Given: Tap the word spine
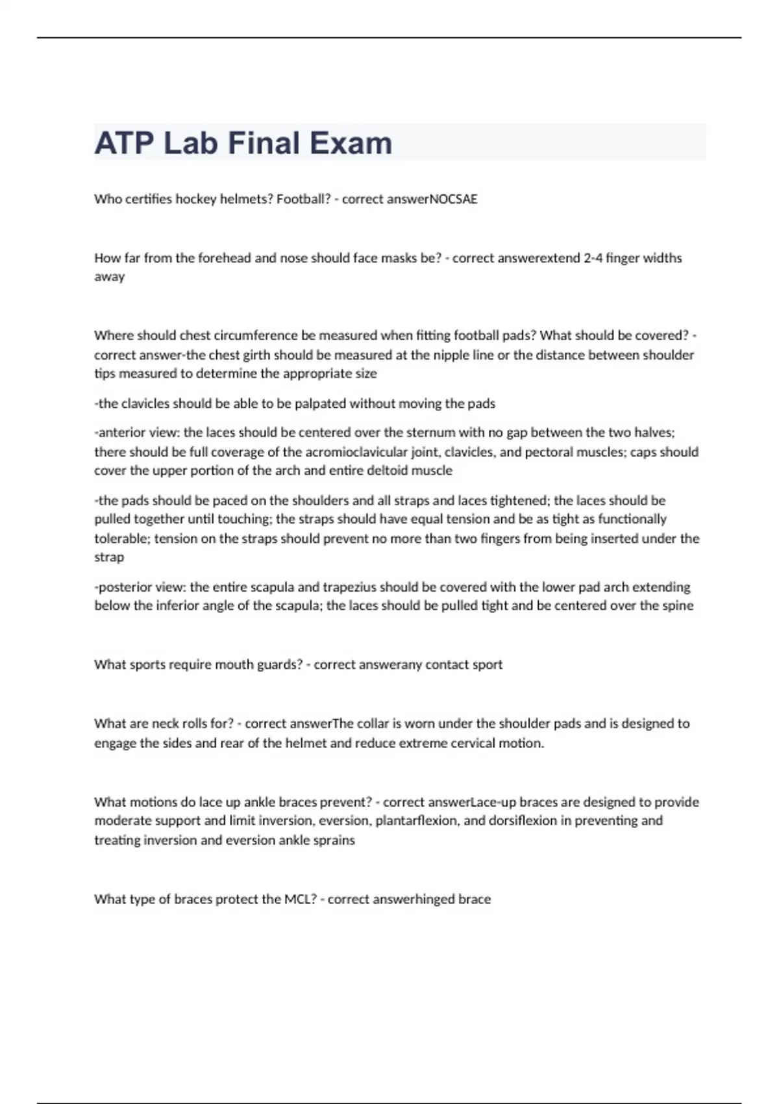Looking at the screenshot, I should coord(676,606).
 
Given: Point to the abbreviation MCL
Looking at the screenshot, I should coord(300,899).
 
